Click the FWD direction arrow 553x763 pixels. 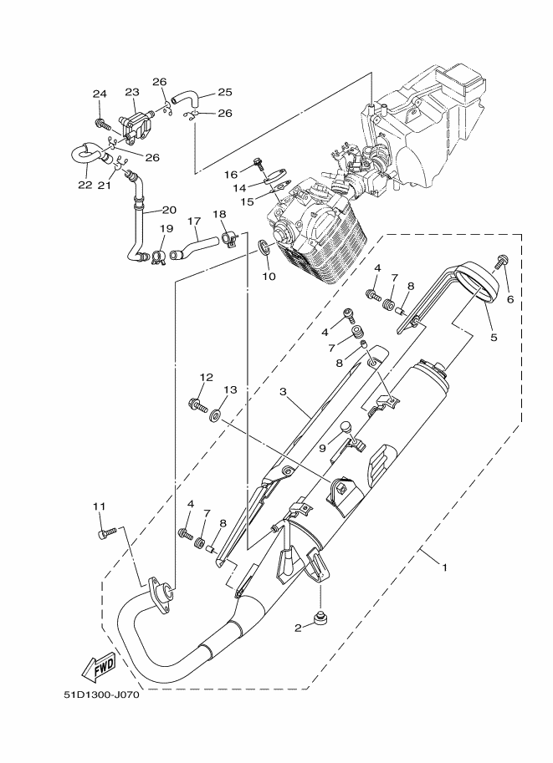(x=98, y=666)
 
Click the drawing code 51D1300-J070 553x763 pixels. (x=100, y=694)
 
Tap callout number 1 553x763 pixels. (x=444, y=567)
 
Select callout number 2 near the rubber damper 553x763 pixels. (x=297, y=627)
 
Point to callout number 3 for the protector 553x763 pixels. (x=283, y=391)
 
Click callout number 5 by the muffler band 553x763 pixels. (x=494, y=338)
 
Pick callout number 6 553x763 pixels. (x=509, y=298)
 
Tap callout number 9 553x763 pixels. (x=322, y=448)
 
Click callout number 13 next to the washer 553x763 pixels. (x=231, y=389)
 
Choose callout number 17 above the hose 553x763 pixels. (x=194, y=221)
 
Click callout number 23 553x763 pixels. (x=132, y=92)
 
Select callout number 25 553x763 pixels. (x=224, y=93)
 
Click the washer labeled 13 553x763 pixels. (x=216, y=413)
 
